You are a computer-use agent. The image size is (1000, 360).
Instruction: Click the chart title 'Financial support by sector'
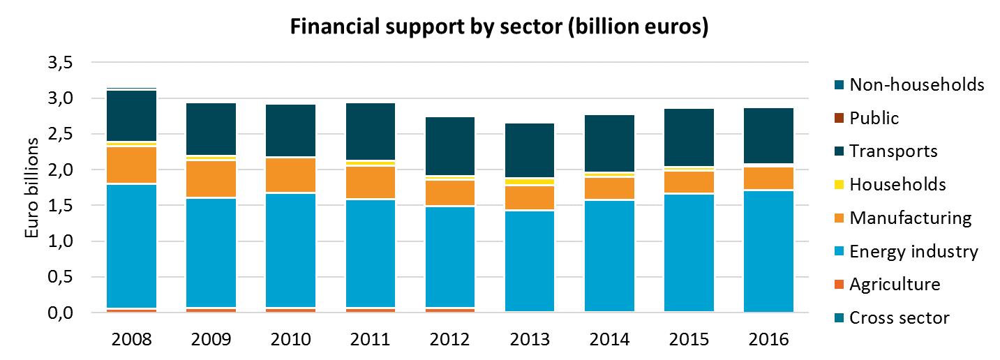click(x=499, y=27)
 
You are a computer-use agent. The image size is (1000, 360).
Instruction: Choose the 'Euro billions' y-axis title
click(x=32, y=188)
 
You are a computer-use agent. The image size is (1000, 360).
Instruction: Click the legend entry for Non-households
click(x=907, y=85)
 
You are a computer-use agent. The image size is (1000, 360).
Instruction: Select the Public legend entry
click(x=874, y=118)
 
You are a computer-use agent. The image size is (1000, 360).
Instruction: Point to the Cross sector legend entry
click(x=900, y=318)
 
